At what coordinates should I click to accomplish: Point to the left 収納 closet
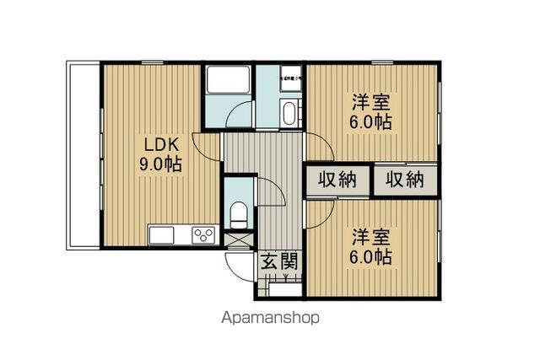337,179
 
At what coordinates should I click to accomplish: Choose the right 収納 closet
404,179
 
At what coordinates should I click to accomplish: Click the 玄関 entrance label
278,262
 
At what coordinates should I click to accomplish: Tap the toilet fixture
239,214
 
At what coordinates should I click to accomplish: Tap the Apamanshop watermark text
270,319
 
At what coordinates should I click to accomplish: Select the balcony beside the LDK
83,155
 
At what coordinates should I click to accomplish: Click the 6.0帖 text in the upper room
371,122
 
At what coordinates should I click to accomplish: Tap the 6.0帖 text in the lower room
371,257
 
